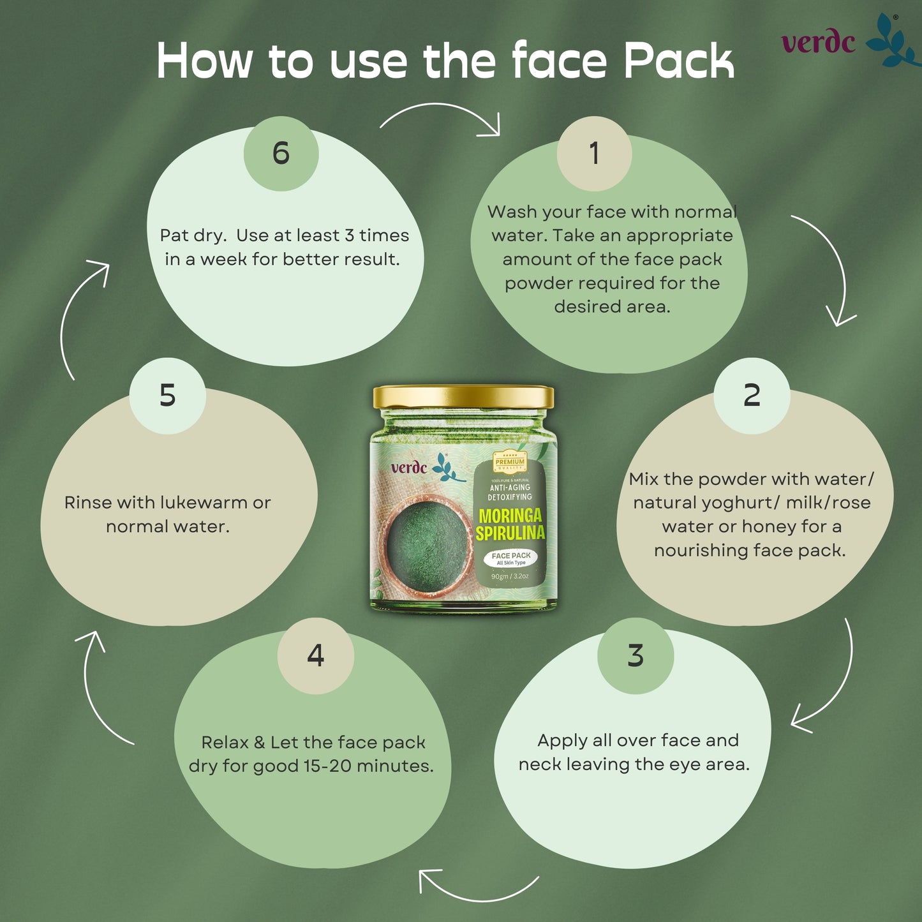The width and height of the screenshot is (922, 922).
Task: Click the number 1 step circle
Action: click(x=594, y=153)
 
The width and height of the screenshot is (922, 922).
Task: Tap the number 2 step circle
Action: click(x=752, y=396)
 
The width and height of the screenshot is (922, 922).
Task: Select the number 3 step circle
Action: click(x=636, y=655)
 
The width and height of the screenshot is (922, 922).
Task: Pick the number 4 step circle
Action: click(x=316, y=655)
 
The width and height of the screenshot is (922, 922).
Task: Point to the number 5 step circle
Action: click(x=167, y=396)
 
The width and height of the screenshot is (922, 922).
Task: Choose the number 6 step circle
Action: click(x=281, y=153)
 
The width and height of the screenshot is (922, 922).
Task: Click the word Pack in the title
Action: click(x=678, y=61)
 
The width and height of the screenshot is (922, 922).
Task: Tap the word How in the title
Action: click(x=204, y=61)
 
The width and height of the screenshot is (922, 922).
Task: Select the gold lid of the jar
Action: click(x=463, y=397)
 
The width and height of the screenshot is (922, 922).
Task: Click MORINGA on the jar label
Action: click(x=510, y=516)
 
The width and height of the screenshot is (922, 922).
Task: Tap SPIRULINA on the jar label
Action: click(x=510, y=533)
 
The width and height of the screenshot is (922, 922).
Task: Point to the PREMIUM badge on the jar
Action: click(x=510, y=461)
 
